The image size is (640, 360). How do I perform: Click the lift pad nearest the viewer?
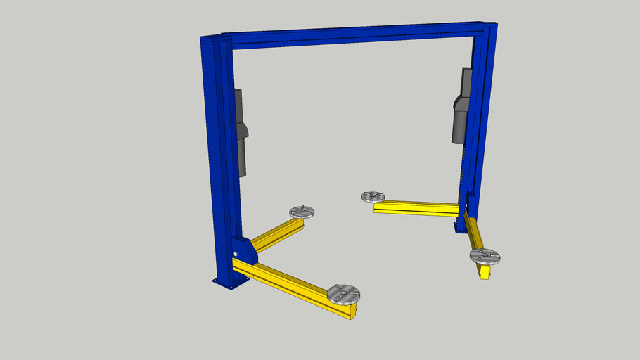[x=343, y=292]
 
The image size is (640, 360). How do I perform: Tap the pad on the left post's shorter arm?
[x=302, y=211]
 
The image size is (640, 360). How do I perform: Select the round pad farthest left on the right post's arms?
[x=372, y=197]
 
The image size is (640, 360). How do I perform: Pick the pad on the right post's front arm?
[x=485, y=256]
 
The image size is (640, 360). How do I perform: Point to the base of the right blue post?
[x=461, y=226]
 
